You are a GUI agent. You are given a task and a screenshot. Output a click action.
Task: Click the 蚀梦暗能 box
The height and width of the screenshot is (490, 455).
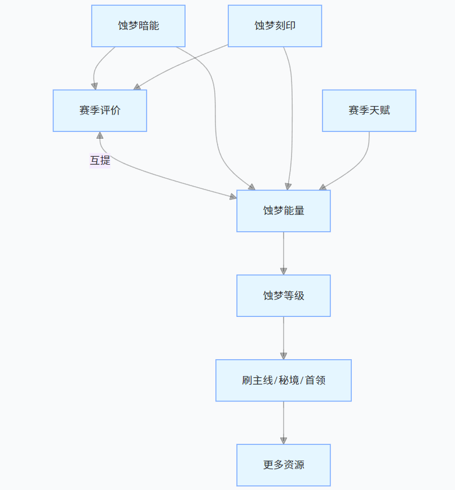click(x=138, y=26)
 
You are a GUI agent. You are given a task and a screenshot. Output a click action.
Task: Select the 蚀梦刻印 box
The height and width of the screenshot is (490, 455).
click(x=275, y=26)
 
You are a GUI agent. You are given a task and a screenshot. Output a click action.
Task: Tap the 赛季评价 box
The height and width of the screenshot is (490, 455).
click(x=100, y=111)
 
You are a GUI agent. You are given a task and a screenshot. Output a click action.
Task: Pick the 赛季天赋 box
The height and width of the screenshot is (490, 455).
click(x=369, y=111)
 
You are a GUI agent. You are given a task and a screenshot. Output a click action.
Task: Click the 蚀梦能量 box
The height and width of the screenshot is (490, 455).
click(x=283, y=211)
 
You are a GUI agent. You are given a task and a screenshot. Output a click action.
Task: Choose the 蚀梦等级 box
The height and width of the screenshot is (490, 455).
click(x=283, y=295)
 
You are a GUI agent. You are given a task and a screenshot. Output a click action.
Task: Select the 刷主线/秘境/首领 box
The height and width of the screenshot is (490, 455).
click(x=283, y=380)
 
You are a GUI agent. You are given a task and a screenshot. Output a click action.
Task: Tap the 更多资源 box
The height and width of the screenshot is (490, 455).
click(x=283, y=465)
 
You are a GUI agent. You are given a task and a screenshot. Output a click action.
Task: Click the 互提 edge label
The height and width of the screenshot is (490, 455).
click(x=100, y=161)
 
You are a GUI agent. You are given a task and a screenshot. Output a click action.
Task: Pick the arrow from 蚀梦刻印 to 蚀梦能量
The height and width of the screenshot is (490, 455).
click(x=292, y=113)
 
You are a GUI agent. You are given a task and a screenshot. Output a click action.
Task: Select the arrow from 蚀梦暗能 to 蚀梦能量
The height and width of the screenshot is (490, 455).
click(x=215, y=113)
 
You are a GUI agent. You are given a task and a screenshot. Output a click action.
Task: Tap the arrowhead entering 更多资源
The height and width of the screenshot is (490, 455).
click(x=283, y=440)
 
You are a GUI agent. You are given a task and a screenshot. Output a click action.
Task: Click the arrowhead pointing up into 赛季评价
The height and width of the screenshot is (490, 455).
click(x=100, y=135)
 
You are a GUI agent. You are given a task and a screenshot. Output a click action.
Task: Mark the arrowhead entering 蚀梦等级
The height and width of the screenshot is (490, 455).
click(x=283, y=271)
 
